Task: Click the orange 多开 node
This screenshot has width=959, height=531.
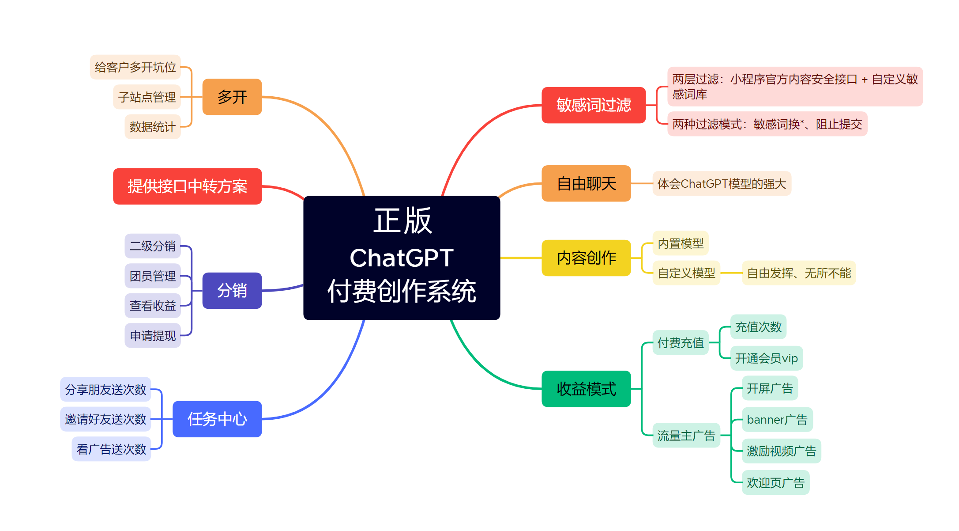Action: (x=232, y=97)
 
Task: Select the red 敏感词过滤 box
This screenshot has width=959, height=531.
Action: (x=594, y=105)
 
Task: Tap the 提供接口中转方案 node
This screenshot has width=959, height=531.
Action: (x=188, y=186)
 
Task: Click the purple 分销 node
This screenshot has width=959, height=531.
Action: (x=232, y=291)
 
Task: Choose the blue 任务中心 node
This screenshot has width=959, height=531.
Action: (x=217, y=419)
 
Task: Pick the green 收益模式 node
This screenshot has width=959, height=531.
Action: (x=586, y=389)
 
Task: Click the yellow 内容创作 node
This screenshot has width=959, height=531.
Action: (x=586, y=258)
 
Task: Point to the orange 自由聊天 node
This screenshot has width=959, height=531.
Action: (x=586, y=183)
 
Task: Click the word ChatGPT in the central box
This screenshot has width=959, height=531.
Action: (x=402, y=258)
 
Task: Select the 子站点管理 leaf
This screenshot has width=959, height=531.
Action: (x=147, y=97)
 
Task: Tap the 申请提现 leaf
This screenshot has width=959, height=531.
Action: (x=153, y=336)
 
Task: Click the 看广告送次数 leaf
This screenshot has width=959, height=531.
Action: (x=111, y=449)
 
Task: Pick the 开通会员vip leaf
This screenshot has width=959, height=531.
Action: (x=767, y=358)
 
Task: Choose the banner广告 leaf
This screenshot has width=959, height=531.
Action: (x=777, y=420)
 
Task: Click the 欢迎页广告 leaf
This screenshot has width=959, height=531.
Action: (x=775, y=482)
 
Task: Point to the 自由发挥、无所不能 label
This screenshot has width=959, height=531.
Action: (x=799, y=273)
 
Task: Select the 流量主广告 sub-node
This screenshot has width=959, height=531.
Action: (x=686, y=436)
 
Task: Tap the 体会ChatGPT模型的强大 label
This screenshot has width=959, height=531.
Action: (x=722, y=183)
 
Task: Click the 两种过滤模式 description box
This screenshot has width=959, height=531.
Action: (x=767, y=124)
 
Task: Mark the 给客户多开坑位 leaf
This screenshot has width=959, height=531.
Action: (x=135, y=67)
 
